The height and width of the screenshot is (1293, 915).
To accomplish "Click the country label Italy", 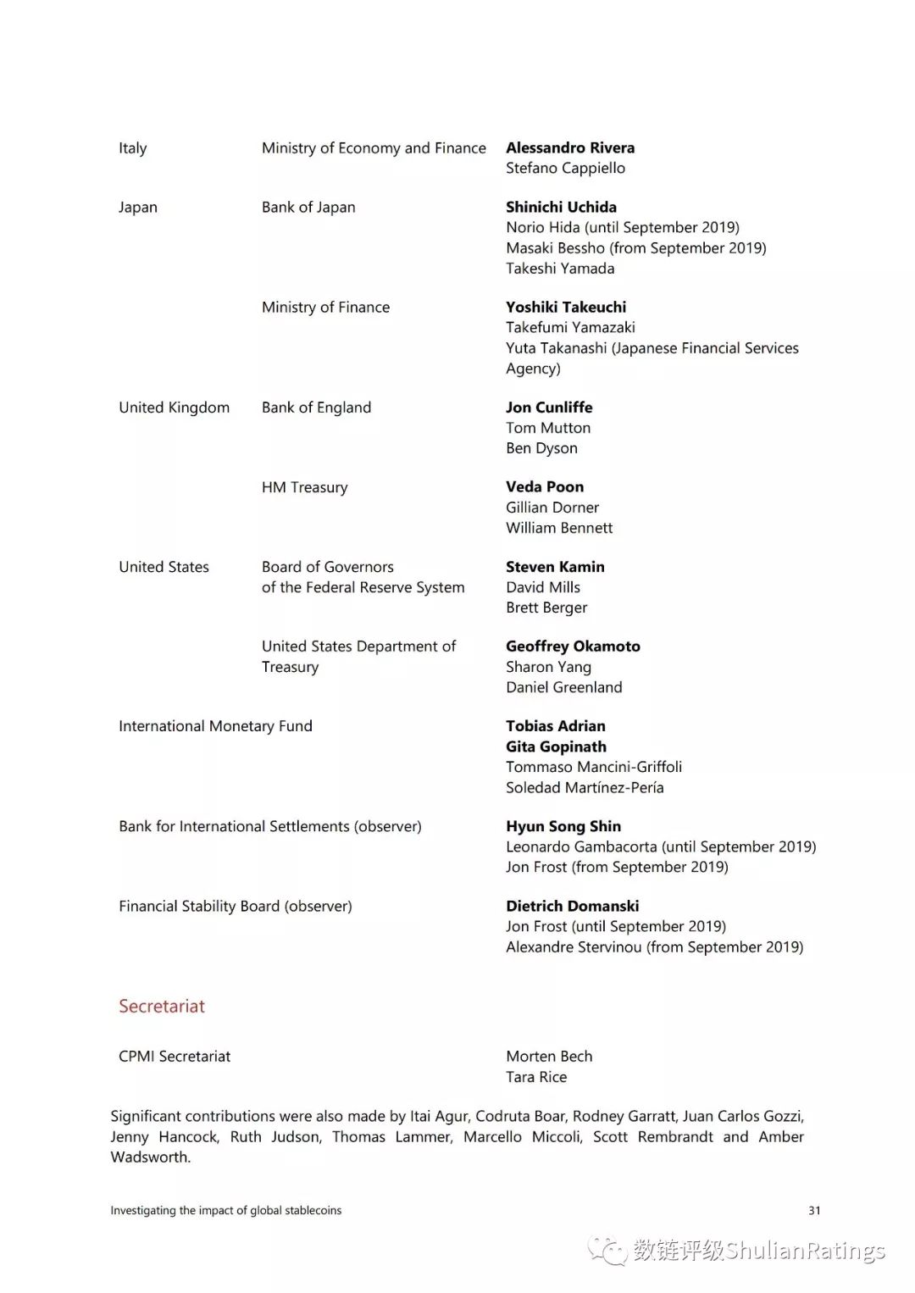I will point(133,148).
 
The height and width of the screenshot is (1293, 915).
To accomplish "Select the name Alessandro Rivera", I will point(570,148).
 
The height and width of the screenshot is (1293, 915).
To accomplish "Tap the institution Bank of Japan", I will point(308,208).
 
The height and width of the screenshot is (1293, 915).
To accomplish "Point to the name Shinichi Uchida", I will point(561,208).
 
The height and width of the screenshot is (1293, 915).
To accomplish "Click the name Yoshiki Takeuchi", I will point(566,308).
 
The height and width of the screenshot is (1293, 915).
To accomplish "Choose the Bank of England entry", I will point(316,408).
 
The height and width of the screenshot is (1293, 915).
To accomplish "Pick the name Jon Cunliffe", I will point(549,408).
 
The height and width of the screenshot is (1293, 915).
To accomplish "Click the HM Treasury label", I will point(304,487).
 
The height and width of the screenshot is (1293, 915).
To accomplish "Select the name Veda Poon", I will point(545,487).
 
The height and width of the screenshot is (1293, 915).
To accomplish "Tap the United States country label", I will point(164,567).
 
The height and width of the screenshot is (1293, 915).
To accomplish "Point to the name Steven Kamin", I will point(555,567).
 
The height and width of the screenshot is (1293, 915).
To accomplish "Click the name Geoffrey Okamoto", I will point(573,646).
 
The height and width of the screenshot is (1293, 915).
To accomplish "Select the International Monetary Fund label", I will point(215,726).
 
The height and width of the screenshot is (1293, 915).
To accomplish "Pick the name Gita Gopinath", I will point(556,746).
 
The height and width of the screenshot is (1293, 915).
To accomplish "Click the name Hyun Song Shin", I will point(563,826).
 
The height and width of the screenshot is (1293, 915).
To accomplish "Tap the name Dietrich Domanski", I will point(573,906).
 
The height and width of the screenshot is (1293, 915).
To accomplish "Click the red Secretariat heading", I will point(162,1007).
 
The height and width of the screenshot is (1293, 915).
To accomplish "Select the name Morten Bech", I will point(549,1057).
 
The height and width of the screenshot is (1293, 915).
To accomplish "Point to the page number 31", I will point(814,1211).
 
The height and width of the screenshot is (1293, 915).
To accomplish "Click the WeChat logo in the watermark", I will point(607,1251).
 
